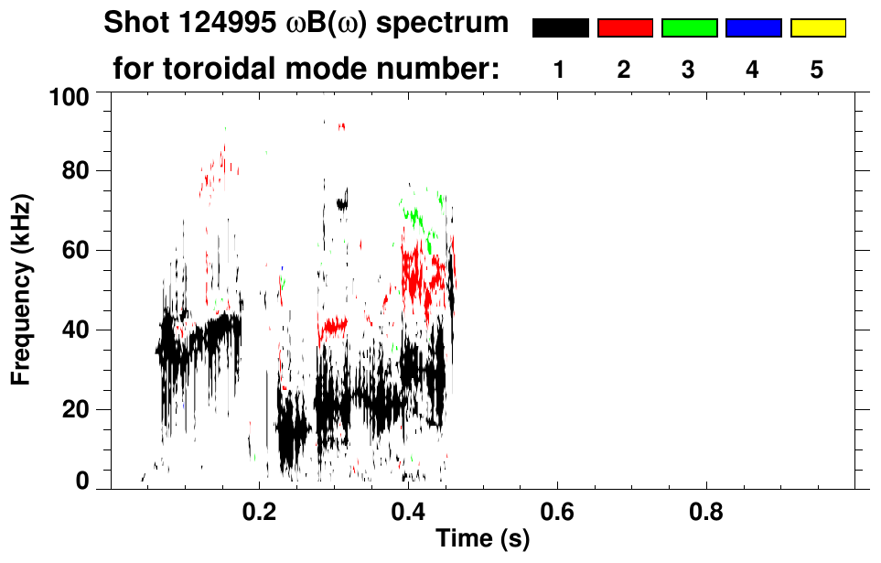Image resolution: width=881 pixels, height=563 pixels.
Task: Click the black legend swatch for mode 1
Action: click(x=560, y=28)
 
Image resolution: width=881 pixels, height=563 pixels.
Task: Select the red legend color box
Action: click(x=625, y=28)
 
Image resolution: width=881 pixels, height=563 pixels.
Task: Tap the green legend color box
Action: click(x=689, y=28)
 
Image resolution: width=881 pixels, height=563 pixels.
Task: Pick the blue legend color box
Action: click(x=753, y=28)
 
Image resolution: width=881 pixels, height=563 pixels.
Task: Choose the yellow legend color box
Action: click(x=817, y=28)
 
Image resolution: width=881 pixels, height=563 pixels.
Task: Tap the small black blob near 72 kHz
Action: click(x=342, y=204)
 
